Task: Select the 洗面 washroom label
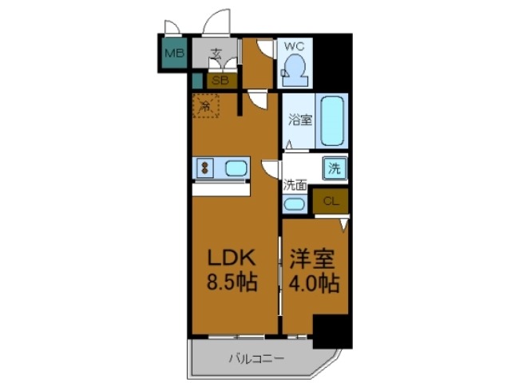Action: click(295, 185)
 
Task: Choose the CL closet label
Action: click(331, 201)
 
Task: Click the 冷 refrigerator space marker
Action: click(204, 105)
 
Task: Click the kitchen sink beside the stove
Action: click(236, 168)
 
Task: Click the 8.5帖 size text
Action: click(232, 283)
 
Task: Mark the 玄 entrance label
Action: click(216, 54)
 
